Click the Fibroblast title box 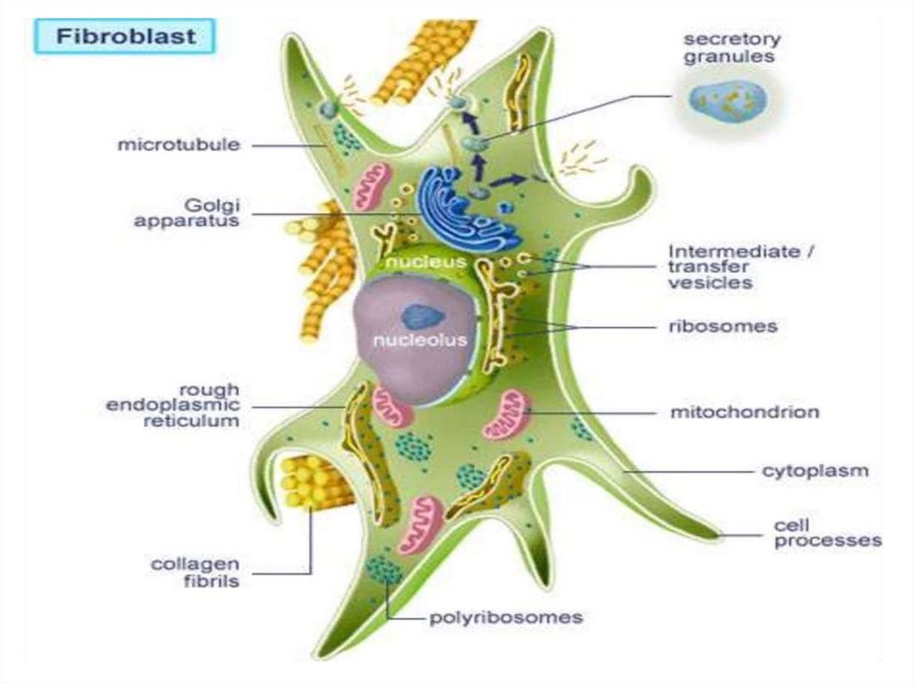[x=126, y=38]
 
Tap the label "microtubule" [x=179, y=144]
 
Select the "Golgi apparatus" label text [x=187, y=212]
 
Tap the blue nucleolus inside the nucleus [x=417, y=317]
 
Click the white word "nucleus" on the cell [x=426, y=263]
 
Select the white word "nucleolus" [x=420, y=341]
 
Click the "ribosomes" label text [x=722, y=326]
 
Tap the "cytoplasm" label [x=814, y=470]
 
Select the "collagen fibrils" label [x=195, y=572]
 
